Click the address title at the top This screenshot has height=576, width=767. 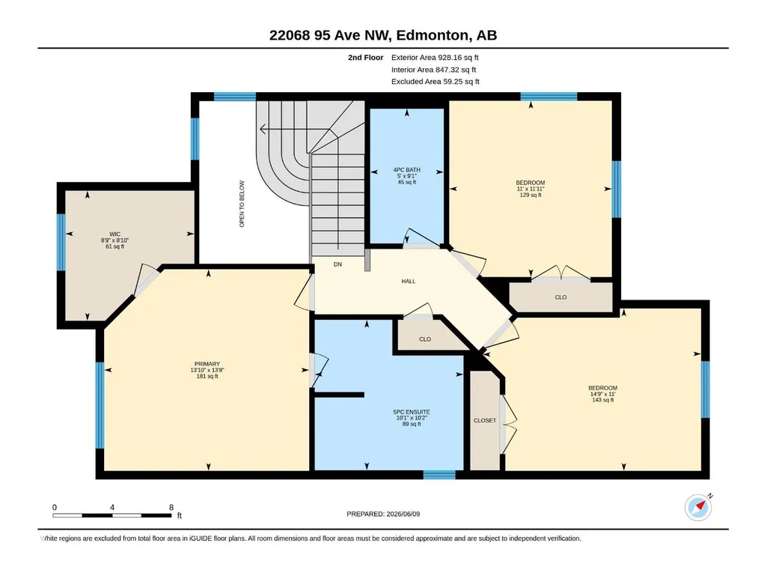click(383, 35)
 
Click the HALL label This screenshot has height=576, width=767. click(409, 281)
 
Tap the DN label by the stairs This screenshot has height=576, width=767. click(337, 264)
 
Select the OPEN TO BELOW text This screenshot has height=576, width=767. click(242, 204)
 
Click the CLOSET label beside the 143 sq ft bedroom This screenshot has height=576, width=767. click(485, 420)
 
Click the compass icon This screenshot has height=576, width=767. click(698, 507)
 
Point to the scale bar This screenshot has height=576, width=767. click(112, 515)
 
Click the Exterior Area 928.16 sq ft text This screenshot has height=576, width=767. click(435, 58)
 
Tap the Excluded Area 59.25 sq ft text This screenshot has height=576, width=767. click(436, 82)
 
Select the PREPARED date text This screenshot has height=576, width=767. click(383, 514)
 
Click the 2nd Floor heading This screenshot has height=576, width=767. click(365, 58)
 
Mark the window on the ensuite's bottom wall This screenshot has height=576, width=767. click(439, 474)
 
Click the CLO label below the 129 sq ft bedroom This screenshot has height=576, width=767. click(560, 297)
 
